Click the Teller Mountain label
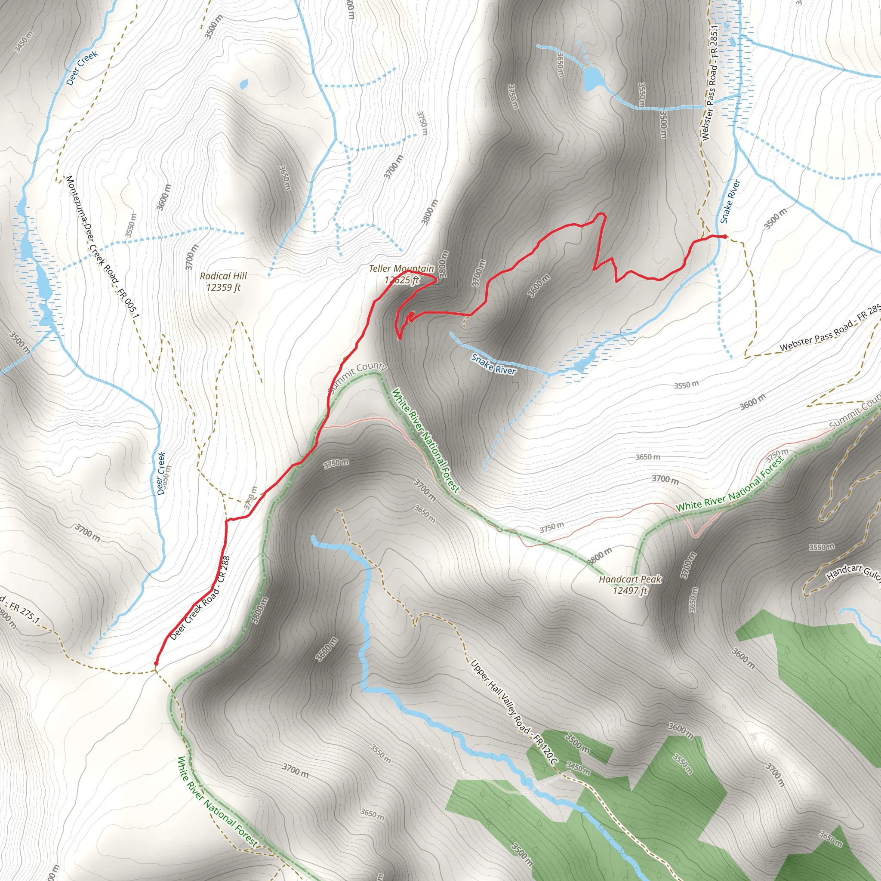tap(401, 268)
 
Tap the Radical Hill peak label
tap(223, 276)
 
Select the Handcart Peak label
tap(630, 579)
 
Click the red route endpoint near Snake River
tap(725, 236)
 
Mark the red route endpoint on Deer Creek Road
tap(157, 663)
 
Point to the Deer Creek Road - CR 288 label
tap(200, 598)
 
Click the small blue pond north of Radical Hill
tap(243, 84)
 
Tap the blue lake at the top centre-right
tap(593, 78)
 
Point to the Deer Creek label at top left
tap(82, 68)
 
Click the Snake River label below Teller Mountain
tap(493, 364)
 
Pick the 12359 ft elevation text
tap(223, 287)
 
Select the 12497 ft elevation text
tap(630, 591)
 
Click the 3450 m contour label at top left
tap(23, 42)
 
